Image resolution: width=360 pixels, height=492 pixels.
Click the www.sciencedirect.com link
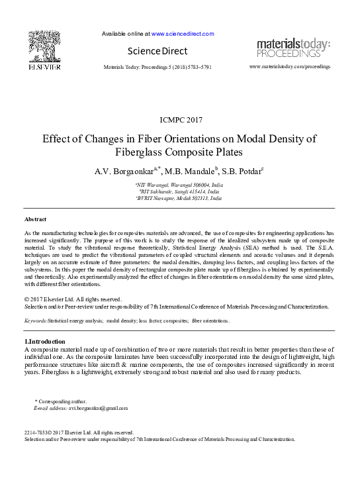click(x=183, y=33)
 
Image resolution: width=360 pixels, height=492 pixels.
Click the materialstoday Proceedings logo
click(x=293, y=48)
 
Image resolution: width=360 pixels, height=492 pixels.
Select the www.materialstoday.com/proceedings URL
click(x=289, y=68)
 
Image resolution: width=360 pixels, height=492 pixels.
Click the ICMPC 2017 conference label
click(x=181, y=120)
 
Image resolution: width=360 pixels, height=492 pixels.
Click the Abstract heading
click(x=35, y=219)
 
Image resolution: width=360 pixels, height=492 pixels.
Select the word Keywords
click(x=36, y=320)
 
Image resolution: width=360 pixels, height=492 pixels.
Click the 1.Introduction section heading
click(x=44, y=341)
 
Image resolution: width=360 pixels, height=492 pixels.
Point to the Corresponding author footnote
click(x=62, y=402)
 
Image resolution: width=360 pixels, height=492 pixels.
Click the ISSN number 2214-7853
click(x=35, y=432)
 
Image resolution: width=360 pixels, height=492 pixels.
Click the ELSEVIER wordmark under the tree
click(x=44, y=67)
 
